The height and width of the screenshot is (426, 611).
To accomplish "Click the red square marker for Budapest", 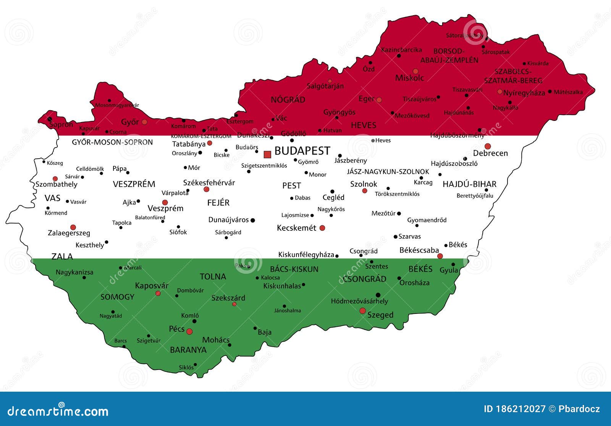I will click(x=267, y=154).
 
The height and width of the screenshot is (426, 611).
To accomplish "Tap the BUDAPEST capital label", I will click(x=302, y=151).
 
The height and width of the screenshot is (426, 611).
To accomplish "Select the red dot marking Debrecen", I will click(x=488, y=146).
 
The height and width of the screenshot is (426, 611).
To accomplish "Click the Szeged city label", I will click(x=380, y=315).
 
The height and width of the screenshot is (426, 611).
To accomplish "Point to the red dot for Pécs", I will click(x=189, y=331).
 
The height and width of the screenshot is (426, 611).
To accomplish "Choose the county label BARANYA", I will click(x=188, y=350).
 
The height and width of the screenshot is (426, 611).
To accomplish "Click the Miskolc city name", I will click(x=409, y=78).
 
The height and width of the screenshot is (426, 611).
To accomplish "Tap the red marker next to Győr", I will click(x=144, y=122).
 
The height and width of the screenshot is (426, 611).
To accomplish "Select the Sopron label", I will click(x=61, y=125).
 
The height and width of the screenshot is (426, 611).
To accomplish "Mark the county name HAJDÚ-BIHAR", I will click(x=469, y=185).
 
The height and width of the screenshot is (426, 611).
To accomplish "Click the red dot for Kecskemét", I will click(x=322, y=228).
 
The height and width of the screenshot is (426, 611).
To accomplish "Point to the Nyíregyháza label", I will click(x=524, y=93).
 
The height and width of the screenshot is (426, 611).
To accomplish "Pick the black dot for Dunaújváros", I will click(x=252, y=220).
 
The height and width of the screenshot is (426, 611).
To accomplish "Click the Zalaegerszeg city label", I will click(x=69, y=233).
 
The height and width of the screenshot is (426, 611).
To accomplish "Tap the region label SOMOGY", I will click(x=117, y=297).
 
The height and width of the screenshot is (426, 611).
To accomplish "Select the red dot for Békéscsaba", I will click(x=440, y=256).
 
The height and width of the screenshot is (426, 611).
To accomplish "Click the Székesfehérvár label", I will click(x=209, y=183).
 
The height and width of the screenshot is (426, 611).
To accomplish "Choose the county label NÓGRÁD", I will click(x=288, y=100).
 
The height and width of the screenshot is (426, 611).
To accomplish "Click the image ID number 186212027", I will click(x=520, y=409).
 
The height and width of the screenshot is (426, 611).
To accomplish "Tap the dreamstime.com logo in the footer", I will click(x=58, y=411).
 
